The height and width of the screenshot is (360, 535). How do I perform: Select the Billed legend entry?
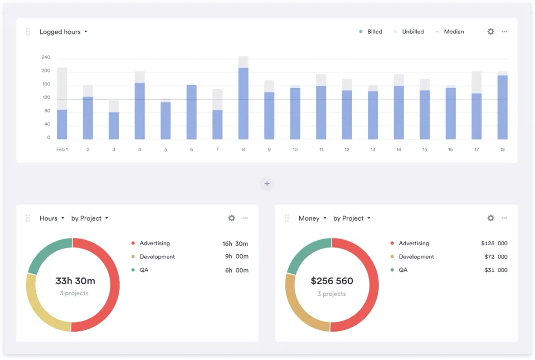pos(371,32)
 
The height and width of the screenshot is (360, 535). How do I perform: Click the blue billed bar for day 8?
pos(244,104)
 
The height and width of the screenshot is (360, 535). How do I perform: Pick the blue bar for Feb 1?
pos(62,124)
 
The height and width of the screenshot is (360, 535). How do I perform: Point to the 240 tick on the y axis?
pos(46,57)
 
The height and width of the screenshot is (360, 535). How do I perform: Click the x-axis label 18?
pos(502,149)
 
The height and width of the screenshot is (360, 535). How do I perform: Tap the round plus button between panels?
pos(267,184)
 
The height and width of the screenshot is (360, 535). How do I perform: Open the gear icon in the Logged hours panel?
pos(490,32)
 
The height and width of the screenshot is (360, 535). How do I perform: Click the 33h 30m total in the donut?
pos(75,281)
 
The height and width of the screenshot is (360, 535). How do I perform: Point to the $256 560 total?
pos(332,281)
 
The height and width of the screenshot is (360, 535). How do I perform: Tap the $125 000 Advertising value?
pos(494,244)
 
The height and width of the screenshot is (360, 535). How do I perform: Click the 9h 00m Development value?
pos(236,257)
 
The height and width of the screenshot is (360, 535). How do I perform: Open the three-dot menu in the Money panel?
pos(504,218)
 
